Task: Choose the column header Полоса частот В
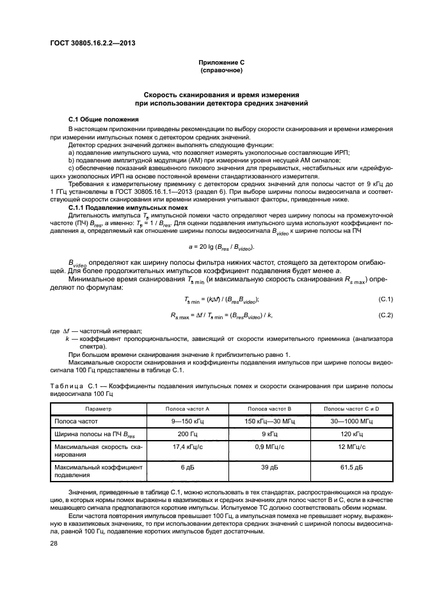point(269,407)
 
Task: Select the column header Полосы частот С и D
point(351,407)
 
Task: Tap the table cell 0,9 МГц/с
point(269,451)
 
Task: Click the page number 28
point(54,544)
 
